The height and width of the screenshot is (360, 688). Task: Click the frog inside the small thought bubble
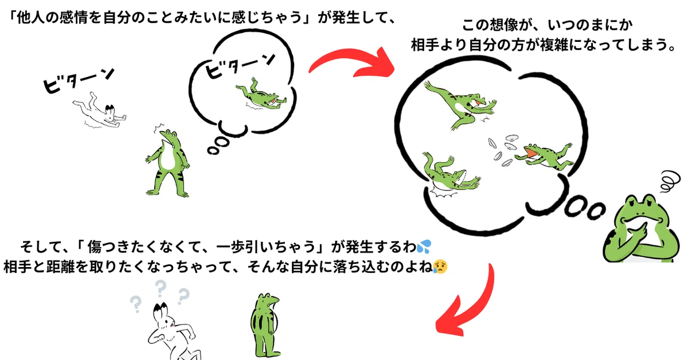(x=261, y=95)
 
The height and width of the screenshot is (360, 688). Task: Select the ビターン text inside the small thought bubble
(x=240, y=66)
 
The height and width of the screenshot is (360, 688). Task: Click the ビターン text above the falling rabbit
(x=79, y=80)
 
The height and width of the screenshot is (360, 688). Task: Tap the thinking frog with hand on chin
(x=642, y=229)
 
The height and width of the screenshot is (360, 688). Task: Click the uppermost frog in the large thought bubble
(x=461, y=104)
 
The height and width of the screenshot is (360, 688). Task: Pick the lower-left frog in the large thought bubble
(x=450, y=174)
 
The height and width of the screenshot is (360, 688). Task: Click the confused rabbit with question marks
(x=172, y=332)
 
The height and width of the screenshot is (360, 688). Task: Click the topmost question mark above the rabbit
(x=160, y=288)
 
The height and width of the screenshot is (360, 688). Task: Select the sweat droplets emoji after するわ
(x=424, y=246)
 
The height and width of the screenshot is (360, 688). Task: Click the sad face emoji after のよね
(x=440, y=267)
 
